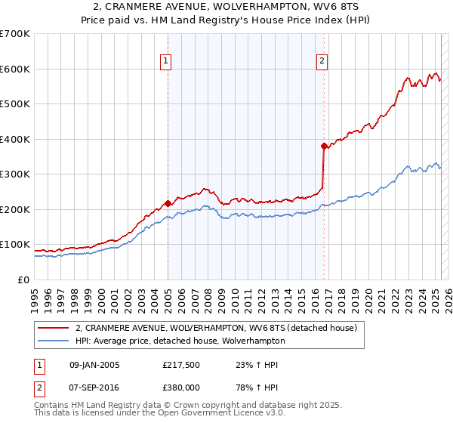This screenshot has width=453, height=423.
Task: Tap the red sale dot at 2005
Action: (x=168, y=202)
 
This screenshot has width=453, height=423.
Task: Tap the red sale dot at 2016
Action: (x=324, y=146)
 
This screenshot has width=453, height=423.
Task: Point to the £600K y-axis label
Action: (x=15, y=69)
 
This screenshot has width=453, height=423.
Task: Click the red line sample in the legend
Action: (x=52, y=328)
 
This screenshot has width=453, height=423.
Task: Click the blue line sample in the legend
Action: (x=52, y=341)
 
